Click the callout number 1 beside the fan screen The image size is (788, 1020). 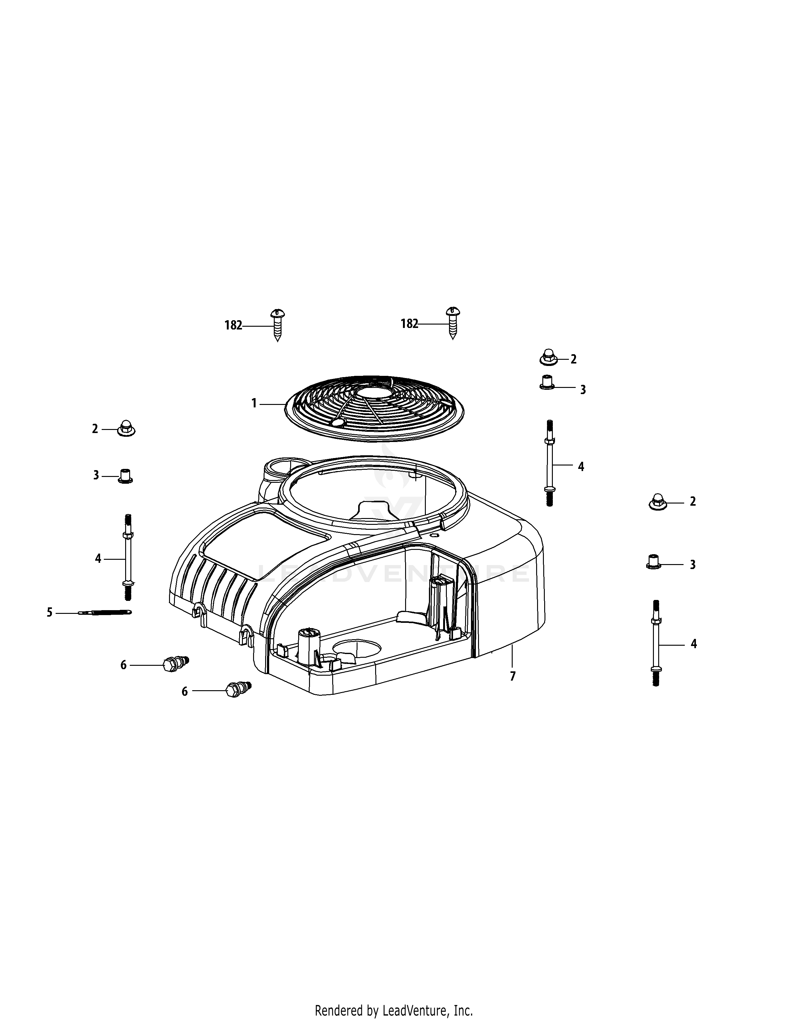pos(254,403)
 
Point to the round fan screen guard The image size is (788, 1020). pos(375,407)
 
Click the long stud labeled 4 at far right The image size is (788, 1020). pos(656,643)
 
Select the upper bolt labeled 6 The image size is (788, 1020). pos(174,664)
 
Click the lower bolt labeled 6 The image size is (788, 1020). pos(236,689)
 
